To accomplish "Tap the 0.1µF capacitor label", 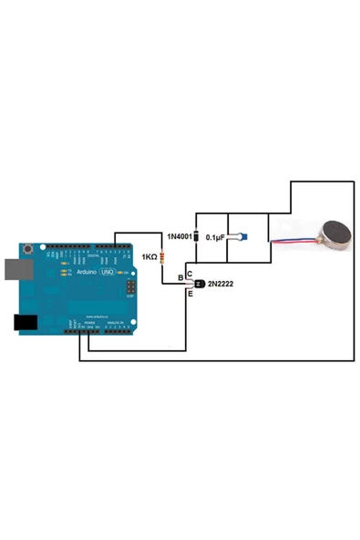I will pos(215,237).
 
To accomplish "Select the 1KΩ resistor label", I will pos(148,257).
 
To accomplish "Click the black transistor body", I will pos(198,285).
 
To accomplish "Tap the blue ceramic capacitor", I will pos(242,237).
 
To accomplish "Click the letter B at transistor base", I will pos(180,278).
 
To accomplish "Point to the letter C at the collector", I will pos(190,274).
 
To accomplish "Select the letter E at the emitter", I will pos(190,294).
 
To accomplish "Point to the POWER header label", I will pos(88,323).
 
